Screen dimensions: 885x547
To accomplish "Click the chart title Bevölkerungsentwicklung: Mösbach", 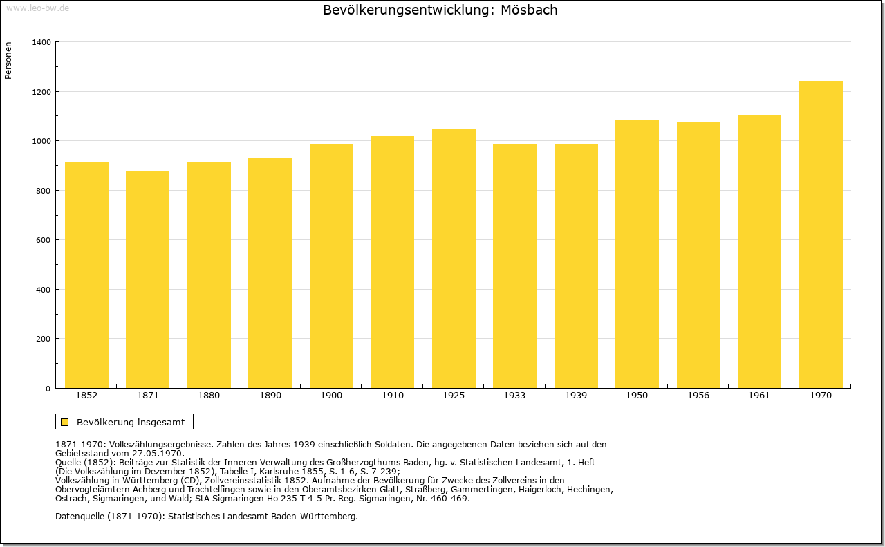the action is [440, 10].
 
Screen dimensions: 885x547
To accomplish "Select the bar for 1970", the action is [821, 234].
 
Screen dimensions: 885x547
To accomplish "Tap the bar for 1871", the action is [148, 280].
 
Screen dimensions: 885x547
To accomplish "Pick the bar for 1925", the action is [454, 259].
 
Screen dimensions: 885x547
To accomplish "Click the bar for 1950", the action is [637, 254].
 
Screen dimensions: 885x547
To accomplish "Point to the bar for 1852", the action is [86, 275].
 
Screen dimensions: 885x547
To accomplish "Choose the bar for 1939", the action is [576, 266].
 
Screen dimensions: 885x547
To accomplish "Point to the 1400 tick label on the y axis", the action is [41, 42].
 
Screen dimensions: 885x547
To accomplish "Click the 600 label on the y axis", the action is [44, 240].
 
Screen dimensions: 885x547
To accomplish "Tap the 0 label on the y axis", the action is [48, 389].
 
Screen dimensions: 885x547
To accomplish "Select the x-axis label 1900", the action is [331, 396].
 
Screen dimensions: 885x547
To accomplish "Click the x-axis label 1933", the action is [514, 396].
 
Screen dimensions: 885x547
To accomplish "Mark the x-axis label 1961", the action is [759, 396].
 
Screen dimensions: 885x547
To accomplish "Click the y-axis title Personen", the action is [8, 60].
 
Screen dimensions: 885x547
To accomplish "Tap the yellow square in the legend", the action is [65, 422].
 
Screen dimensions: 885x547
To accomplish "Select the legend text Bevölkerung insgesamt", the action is [131, 422].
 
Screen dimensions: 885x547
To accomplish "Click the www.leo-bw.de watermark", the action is [37, 8].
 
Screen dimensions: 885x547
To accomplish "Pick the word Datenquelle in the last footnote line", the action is [80, 517].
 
